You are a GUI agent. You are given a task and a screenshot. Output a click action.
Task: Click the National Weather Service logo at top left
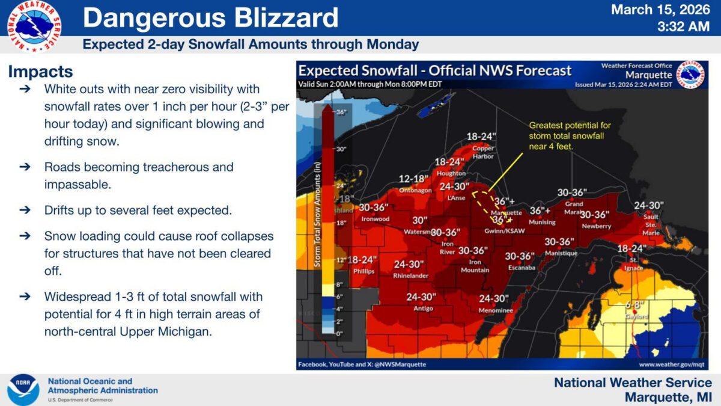(x=34, y=26)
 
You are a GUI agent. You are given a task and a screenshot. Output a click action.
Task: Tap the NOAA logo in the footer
(x=23, y=390)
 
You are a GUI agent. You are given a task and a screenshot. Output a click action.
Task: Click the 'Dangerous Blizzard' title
(x=210, y=18)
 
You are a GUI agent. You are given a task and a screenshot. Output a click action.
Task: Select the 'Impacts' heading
(x=40, y=72)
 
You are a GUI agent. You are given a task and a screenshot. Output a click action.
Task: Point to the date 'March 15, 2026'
(x=661, y=10)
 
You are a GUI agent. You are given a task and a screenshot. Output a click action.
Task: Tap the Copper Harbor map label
(x=483, y=152)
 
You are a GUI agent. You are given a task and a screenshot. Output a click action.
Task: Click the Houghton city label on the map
(x=451, y=173)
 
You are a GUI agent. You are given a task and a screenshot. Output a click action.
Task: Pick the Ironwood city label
(x=376, y=219)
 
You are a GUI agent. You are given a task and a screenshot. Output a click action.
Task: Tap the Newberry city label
(x=596, y=226)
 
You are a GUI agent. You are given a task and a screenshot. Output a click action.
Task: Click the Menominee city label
(x=495, y=310)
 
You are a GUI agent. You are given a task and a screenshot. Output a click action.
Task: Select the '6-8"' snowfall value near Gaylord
(x=635, y=305)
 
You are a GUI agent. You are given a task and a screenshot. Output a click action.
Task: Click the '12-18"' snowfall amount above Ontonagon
(x=413, y=179)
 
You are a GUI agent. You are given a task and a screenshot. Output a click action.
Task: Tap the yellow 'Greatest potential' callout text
(x=570, y=136)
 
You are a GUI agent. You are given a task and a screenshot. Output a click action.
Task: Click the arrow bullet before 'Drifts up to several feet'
(x=25, y=211)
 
